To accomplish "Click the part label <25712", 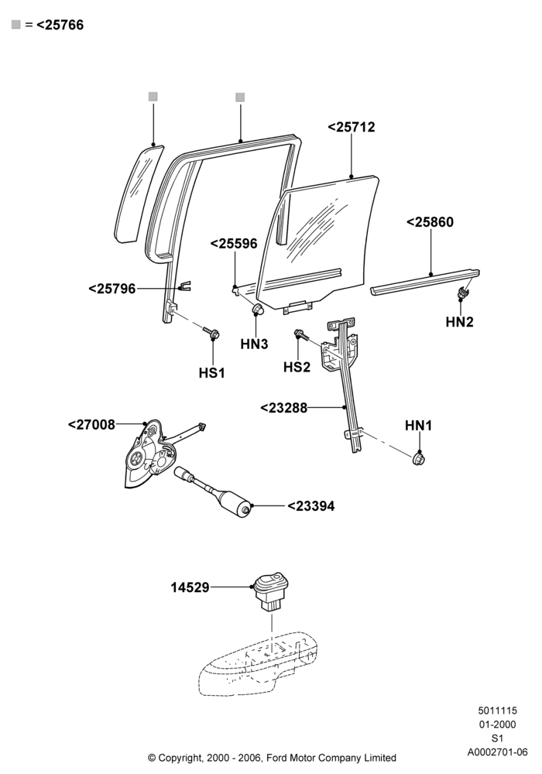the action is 351,127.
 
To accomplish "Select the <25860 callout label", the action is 430,222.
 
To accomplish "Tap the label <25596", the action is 234,243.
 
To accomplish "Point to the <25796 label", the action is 111,289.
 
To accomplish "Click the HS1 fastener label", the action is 211,373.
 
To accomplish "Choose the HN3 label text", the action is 254,344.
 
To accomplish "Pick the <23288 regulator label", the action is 283,408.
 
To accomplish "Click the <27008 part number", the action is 91,424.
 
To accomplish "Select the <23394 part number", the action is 311,506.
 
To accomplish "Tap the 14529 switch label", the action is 190,587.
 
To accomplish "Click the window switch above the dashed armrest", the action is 271,591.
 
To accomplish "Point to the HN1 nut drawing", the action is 419,459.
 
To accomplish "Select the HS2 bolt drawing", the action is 301,335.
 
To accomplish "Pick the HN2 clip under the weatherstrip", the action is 462,293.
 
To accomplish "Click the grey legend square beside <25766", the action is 15,25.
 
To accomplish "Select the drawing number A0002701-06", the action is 498,752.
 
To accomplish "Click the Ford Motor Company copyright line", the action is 272,757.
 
